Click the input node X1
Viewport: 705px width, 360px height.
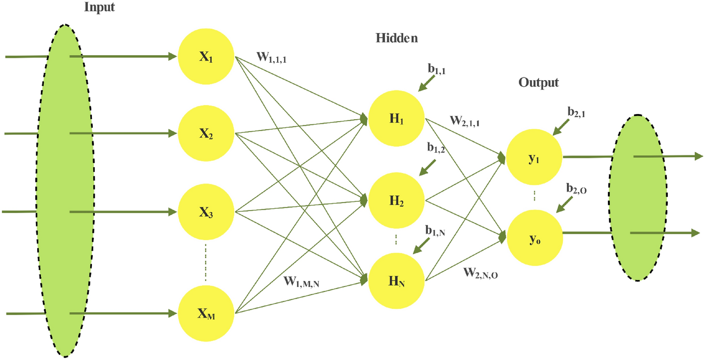[206, 57]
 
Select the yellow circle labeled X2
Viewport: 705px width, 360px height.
[206, 134]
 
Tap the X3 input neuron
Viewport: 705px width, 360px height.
[206, 212]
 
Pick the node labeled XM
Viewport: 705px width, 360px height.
[206, 314]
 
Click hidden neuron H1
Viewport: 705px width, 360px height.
[396, 119]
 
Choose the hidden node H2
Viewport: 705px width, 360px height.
[396, 201]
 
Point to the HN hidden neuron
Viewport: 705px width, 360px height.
[396, 281]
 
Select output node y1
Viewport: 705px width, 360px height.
[534, 157]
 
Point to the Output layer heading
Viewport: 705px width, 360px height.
[539, 82]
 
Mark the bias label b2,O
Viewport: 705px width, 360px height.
[576, 190]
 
